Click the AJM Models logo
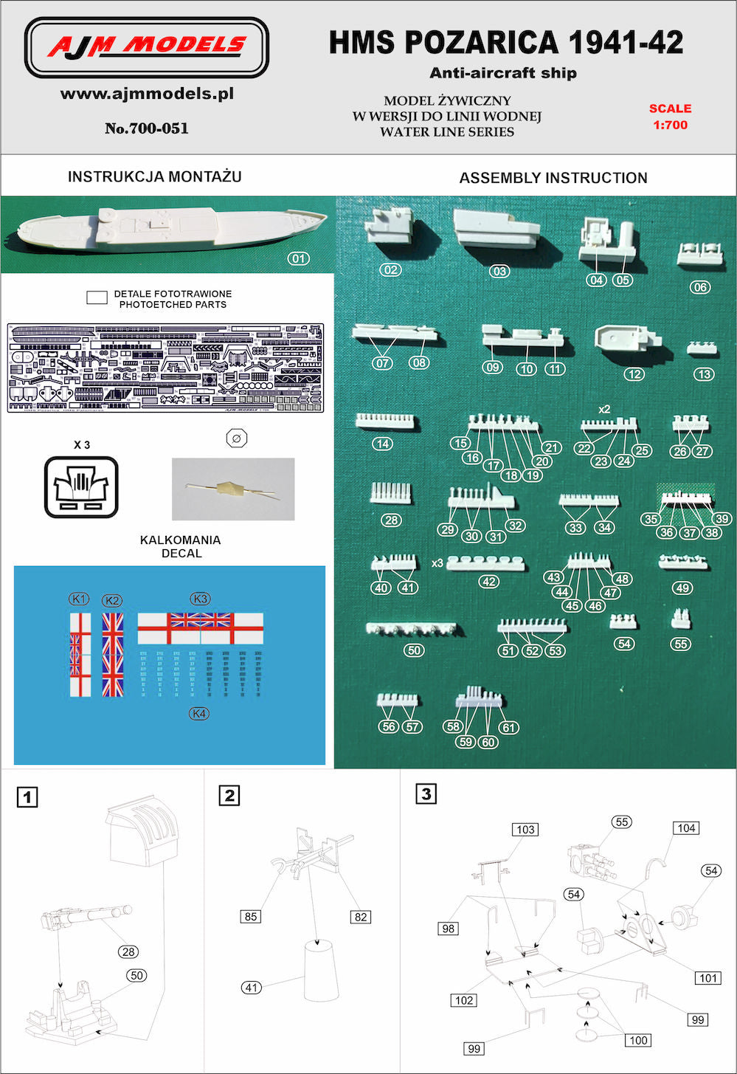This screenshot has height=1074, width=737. tap(147, 47)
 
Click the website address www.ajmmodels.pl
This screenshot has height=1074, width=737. tap(147, 94)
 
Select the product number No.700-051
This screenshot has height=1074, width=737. tap(147, 128)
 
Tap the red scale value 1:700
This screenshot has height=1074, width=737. tap(670, 125)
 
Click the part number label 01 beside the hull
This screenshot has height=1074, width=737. tap(299, 258)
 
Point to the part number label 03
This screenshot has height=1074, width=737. tap(499, 271)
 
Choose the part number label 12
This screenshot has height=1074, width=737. tap(634, 374)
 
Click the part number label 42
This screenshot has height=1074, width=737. tap(488, 582)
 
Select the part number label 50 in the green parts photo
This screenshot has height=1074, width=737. tap(414, 650)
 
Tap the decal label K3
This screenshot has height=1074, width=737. tap(200, 599)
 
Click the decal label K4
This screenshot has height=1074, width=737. tap(199, 713)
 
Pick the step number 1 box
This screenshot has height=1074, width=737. tap(27, 796)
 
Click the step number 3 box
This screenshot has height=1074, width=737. tap(426, 794)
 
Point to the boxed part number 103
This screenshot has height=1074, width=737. tap(525, 829)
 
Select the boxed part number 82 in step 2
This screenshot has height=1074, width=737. tap(360, 917)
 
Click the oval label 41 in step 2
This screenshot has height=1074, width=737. tap(252, 987)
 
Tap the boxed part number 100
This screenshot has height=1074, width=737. tap(638, 1040)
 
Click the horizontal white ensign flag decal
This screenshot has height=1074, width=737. tap(200, 628)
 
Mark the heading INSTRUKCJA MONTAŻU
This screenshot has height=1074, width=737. tap(154, 176)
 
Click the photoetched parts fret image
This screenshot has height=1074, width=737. tap(165, 367)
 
